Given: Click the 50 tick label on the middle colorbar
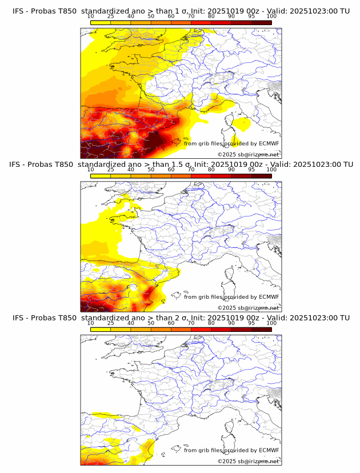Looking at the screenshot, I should coord(151,170).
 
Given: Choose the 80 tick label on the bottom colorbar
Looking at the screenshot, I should coord(211,323).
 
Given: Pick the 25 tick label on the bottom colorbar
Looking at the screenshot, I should coord(110,323).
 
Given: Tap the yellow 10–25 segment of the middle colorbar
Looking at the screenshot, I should coord(101,177).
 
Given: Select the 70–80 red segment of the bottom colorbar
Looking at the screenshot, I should coord(201,330).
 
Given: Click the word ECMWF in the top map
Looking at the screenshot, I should coord(269,143).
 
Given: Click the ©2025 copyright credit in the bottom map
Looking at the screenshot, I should coord(248,461).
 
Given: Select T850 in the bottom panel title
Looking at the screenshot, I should coord(65,318).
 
